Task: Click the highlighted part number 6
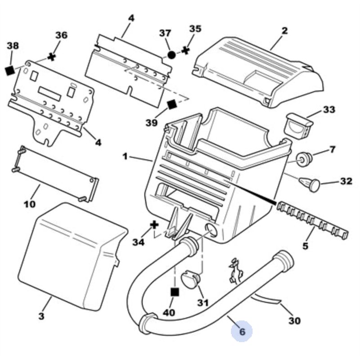point(242,332)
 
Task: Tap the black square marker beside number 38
point(10,70)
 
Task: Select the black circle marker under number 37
point(171,55)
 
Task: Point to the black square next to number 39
point(171,104)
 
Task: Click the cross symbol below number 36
point(52,57)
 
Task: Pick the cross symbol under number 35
point(185,50)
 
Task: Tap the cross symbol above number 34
point(154,224)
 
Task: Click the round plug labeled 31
point(191,279)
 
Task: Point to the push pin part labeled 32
point(310,184)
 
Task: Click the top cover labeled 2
point(261,72)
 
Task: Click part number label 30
point(294,320)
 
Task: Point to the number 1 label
point(125,156)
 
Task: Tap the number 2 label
point(284,31)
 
